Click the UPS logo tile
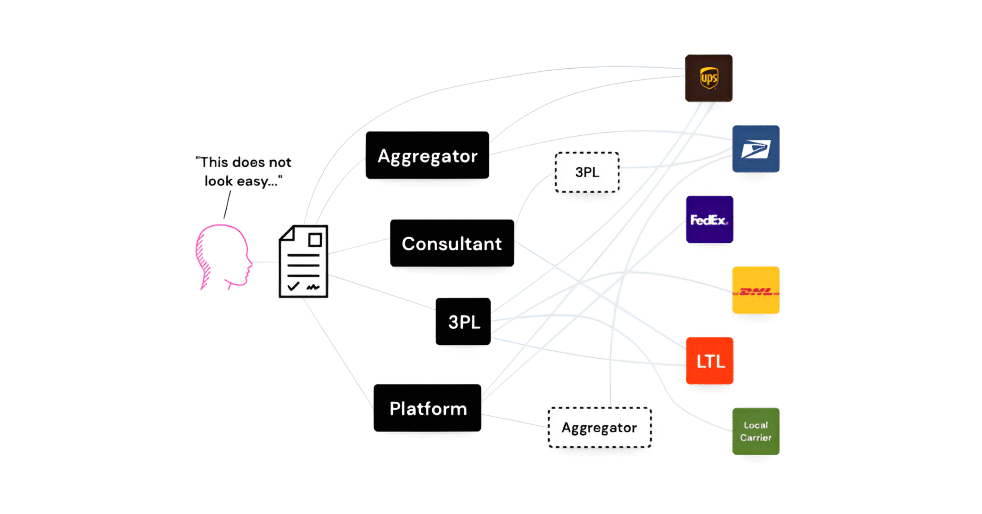708,78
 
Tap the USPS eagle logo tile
756,149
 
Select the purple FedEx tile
709,219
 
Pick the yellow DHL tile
756,290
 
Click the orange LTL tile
709,361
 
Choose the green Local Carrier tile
756,431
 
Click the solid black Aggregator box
427,155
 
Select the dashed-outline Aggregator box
600,427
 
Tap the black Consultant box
452,243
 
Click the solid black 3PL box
463,321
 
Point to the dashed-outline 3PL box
587,172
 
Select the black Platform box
427,408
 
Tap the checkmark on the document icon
293,286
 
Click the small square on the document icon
315,240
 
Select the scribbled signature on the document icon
313,287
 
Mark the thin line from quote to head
227,205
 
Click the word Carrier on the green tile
756,438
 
